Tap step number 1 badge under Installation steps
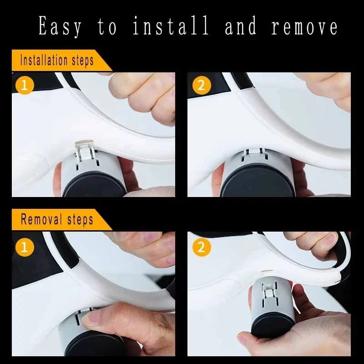(x=25, y=86)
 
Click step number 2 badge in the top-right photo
(x=201, y=86)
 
